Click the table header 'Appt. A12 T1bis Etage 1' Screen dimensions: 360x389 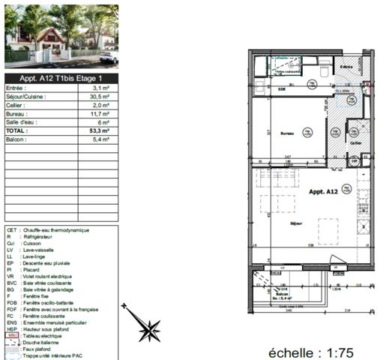coord(61,77)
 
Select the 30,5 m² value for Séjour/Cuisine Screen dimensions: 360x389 coord(98,97)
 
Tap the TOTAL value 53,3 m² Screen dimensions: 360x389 coord(98,130)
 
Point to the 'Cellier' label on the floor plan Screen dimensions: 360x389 coord(355,141)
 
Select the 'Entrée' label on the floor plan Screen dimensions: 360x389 coord(346,67)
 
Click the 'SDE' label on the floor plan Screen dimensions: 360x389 coord(282,88)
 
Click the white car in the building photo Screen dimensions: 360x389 coord(108,58)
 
